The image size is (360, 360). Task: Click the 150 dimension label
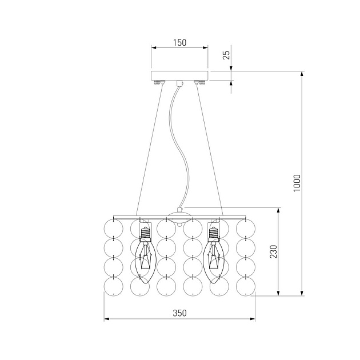pyautogui.click(x=179, y=43)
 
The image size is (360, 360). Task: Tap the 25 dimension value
pyautogui.click(x=226, y=55)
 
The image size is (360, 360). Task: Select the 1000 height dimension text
pyautogui.click(x=297, y=183)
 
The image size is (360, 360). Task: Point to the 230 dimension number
pyautogui.click(x=273, y=251)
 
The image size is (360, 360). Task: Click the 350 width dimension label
pyautogui.click(x=179, y=313)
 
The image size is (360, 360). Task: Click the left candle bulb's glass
pyautogui.click(x=145, y=262)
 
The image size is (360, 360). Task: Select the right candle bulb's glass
pyautogui.click(x=214, y=262)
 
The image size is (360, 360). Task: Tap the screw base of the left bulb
pyautogui.click(x=145, y=234)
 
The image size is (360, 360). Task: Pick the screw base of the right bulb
pyautogui.click(x=214, y=234)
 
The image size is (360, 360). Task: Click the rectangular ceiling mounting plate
pyautogui.click(x=179, y=75)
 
